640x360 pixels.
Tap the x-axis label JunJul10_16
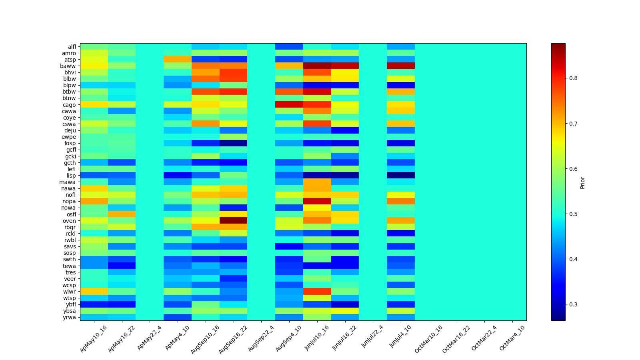(x=317, y=338)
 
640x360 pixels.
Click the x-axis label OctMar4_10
(x=512, y=338)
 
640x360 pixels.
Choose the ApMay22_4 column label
(x=149, y=338)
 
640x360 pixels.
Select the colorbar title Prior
(x=582, y=182)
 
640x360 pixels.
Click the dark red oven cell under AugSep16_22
(x=233, y=221)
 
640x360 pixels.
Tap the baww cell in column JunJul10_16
(x=317, y=66)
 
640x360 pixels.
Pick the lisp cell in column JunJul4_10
(x=401, y=176)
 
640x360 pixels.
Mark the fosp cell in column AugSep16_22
(x=233, y=143)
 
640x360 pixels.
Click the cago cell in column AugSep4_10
(x=289, y=105)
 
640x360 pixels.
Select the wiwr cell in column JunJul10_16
(x=317, y=292)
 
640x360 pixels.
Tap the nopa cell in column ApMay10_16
(x=94, y=201)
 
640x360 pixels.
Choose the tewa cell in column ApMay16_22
(x=122, y=266)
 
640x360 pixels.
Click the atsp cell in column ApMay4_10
(x=178, y=60)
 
